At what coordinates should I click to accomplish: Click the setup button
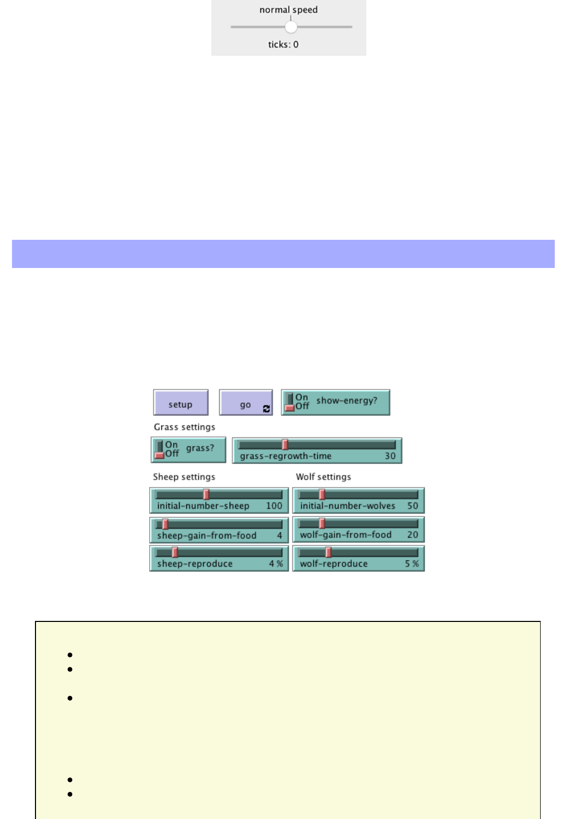tap(181, 402)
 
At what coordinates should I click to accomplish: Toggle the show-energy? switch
tap(290, 402)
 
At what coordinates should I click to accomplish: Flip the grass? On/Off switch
tap(160, 449)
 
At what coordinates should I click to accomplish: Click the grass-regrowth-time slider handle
tap(285, 444)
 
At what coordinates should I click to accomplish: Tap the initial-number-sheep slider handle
tap(206, 494)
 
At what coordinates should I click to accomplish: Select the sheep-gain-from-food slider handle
tap(165, 524)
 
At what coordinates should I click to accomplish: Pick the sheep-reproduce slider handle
tap(175, 552)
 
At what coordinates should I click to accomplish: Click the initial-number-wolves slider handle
tap(322, 494)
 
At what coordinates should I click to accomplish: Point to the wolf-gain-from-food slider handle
tap(322, 523)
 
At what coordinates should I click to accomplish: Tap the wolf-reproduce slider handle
tap(328, 552)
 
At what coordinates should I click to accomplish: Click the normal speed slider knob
tap(291, 27)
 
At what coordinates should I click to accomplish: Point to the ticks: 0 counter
tap(283, 45)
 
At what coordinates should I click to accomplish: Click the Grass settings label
tap(184, 427)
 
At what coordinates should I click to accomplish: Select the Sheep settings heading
tap(184, 477)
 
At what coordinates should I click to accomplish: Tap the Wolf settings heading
tap(324, 477)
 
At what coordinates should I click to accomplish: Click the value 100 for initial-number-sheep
tap(274, 506)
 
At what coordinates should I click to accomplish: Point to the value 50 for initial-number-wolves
tap(413, 506)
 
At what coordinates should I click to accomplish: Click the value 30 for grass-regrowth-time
tap(390, 456)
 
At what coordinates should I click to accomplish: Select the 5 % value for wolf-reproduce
tap(412, 564)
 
